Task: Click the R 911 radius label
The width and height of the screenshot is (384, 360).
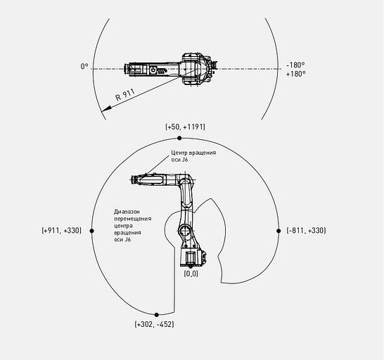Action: [125, 94]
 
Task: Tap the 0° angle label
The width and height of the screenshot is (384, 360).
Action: [84, 66]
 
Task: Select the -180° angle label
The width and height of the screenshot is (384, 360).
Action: [295, 65]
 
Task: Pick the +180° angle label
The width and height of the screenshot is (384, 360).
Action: [296, 74]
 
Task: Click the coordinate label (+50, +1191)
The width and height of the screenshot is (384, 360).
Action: [186, 127]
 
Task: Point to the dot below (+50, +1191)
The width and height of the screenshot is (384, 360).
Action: [179, 138]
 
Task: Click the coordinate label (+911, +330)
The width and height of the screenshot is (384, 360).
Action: [61, 231]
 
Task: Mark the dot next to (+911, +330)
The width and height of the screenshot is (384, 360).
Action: [92, 231]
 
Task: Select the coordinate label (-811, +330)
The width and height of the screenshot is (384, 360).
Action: [306, 231]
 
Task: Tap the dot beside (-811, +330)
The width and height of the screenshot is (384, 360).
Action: [279, 231]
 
